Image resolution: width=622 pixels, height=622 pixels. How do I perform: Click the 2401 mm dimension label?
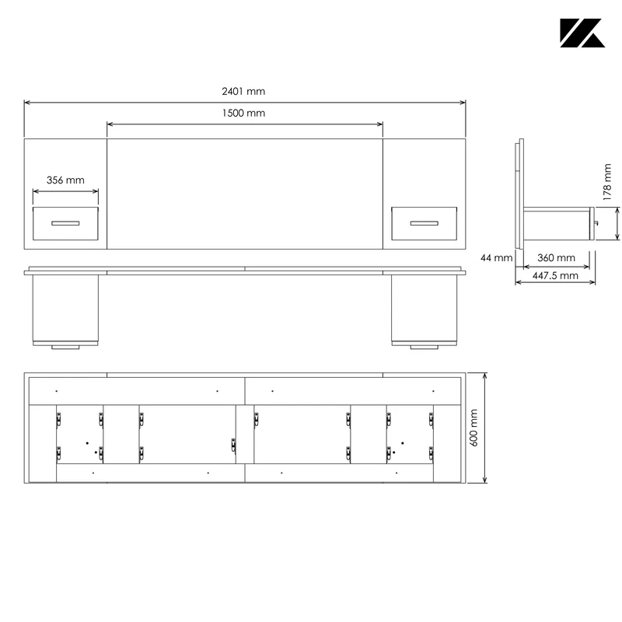[243, 92]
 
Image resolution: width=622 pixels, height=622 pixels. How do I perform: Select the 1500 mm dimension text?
[243, 114]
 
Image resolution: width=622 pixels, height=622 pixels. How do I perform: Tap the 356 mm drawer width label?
[65, 180]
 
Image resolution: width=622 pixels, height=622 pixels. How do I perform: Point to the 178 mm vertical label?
[607, 182]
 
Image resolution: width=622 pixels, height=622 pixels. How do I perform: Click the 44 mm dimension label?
[496, 258]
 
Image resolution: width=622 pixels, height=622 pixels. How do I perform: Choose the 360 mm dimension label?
[556, 258]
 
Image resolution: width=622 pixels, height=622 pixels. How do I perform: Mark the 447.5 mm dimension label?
[555, 276]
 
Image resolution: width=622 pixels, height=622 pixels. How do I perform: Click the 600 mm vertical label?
[474, 428]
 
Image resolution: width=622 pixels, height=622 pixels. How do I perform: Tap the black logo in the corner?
[582, 33]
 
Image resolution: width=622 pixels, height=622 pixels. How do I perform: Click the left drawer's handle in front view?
[65, 223]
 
